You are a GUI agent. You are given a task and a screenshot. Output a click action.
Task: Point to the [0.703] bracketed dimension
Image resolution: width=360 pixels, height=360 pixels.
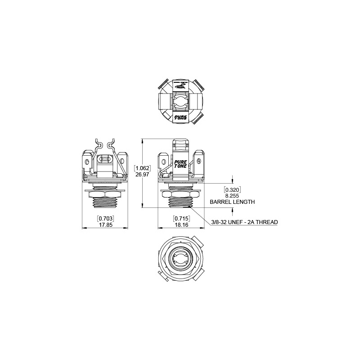(x=105, y=218)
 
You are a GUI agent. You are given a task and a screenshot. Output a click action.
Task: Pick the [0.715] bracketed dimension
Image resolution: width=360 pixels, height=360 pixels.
(x=181, y=218)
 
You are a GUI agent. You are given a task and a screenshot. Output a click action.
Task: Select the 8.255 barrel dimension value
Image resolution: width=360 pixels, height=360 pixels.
(x=232, y=196)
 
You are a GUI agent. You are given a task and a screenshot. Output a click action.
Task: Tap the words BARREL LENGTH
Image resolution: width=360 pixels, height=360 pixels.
(x=232, y=202)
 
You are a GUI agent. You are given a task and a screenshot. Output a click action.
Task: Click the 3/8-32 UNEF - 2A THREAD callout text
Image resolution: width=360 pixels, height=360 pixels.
(x=244, y=222)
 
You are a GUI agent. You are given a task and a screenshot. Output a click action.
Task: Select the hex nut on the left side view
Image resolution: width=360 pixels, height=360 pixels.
(x=105, y=194)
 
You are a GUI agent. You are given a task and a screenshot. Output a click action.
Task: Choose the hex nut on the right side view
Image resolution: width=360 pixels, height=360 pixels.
(x=181, y=194)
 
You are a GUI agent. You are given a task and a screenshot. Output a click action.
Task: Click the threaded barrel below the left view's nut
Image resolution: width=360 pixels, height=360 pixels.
(x=105, y=203)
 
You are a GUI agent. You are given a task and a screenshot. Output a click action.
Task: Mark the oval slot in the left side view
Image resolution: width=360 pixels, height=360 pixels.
(x=105, y=159)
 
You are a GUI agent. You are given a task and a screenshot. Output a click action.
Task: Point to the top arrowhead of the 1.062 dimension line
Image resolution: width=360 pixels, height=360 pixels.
(x=142, y=141)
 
